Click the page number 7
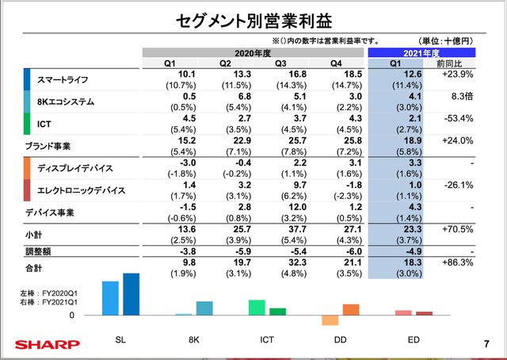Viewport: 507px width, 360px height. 485,344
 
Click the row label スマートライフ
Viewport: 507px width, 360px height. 63,80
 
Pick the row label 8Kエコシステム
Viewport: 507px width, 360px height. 67,101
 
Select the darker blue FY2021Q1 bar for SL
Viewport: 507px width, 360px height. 131,294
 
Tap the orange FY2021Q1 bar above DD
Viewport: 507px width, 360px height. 350,309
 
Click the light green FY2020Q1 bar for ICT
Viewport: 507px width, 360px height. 257,308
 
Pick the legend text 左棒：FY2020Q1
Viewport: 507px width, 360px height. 42,293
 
